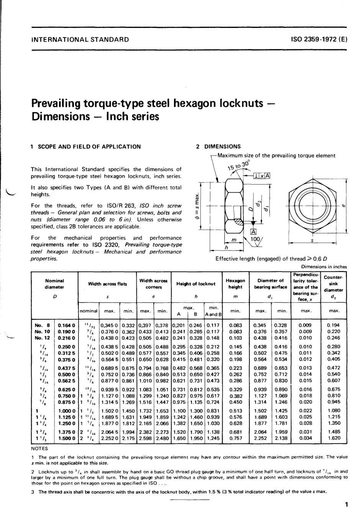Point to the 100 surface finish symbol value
pos(254,239)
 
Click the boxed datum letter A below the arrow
pos(253,231)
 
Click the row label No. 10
pos(42,332)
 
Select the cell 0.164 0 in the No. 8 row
pos(66,325)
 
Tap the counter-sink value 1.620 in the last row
pos(334,438)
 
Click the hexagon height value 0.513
pos(236,410)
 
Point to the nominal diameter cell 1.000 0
pos(66,410)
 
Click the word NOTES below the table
pos(39,448)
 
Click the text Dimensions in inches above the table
pos(324,267)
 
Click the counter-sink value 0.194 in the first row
pos(334,325)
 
